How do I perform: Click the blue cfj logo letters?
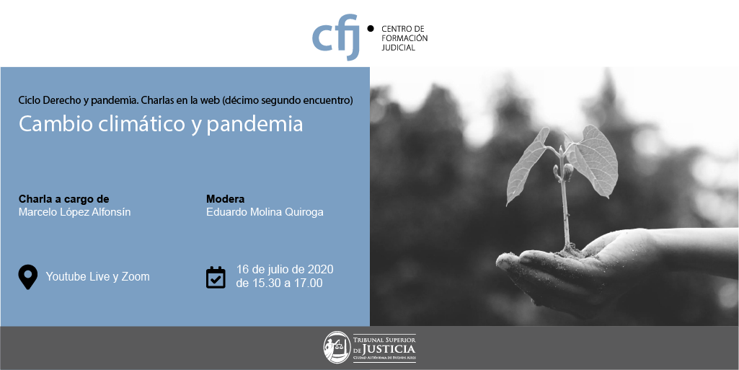(x=335, y=37)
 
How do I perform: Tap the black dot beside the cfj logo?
(x=371, y=28)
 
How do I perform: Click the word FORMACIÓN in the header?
(x=404, y=38)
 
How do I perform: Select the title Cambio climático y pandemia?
(x=161, y=124)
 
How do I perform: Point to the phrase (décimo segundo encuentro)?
(x=288, y=100)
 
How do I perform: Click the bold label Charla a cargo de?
(x=63, y=199)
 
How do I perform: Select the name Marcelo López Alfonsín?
(x=74, y=212)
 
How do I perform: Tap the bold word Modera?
(x=225, y=199)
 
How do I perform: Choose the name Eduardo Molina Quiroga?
(x=265, y=212)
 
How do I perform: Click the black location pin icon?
(x=28, y=277)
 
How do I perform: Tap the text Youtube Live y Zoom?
(x=97, y=277)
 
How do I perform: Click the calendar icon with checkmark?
(x=216, y=277)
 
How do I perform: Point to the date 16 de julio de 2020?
(x=285, y=270)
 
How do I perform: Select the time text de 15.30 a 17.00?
(x=280, y=283)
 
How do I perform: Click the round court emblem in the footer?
(x=337, y=348)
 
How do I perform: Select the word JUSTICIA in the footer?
(x=390, y=349)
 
